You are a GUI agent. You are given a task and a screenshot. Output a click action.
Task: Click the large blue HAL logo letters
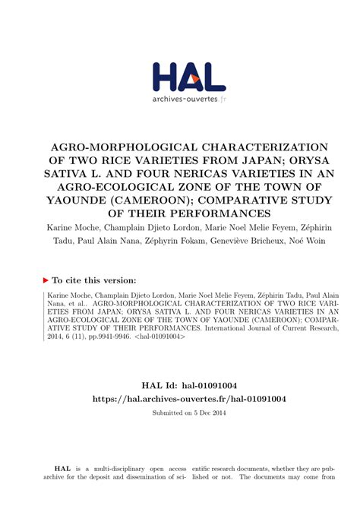pyautogui.click(x=188, y=76)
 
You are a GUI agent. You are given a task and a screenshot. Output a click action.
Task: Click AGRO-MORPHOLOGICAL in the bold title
pyautogui.click(x=110, y=146)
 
